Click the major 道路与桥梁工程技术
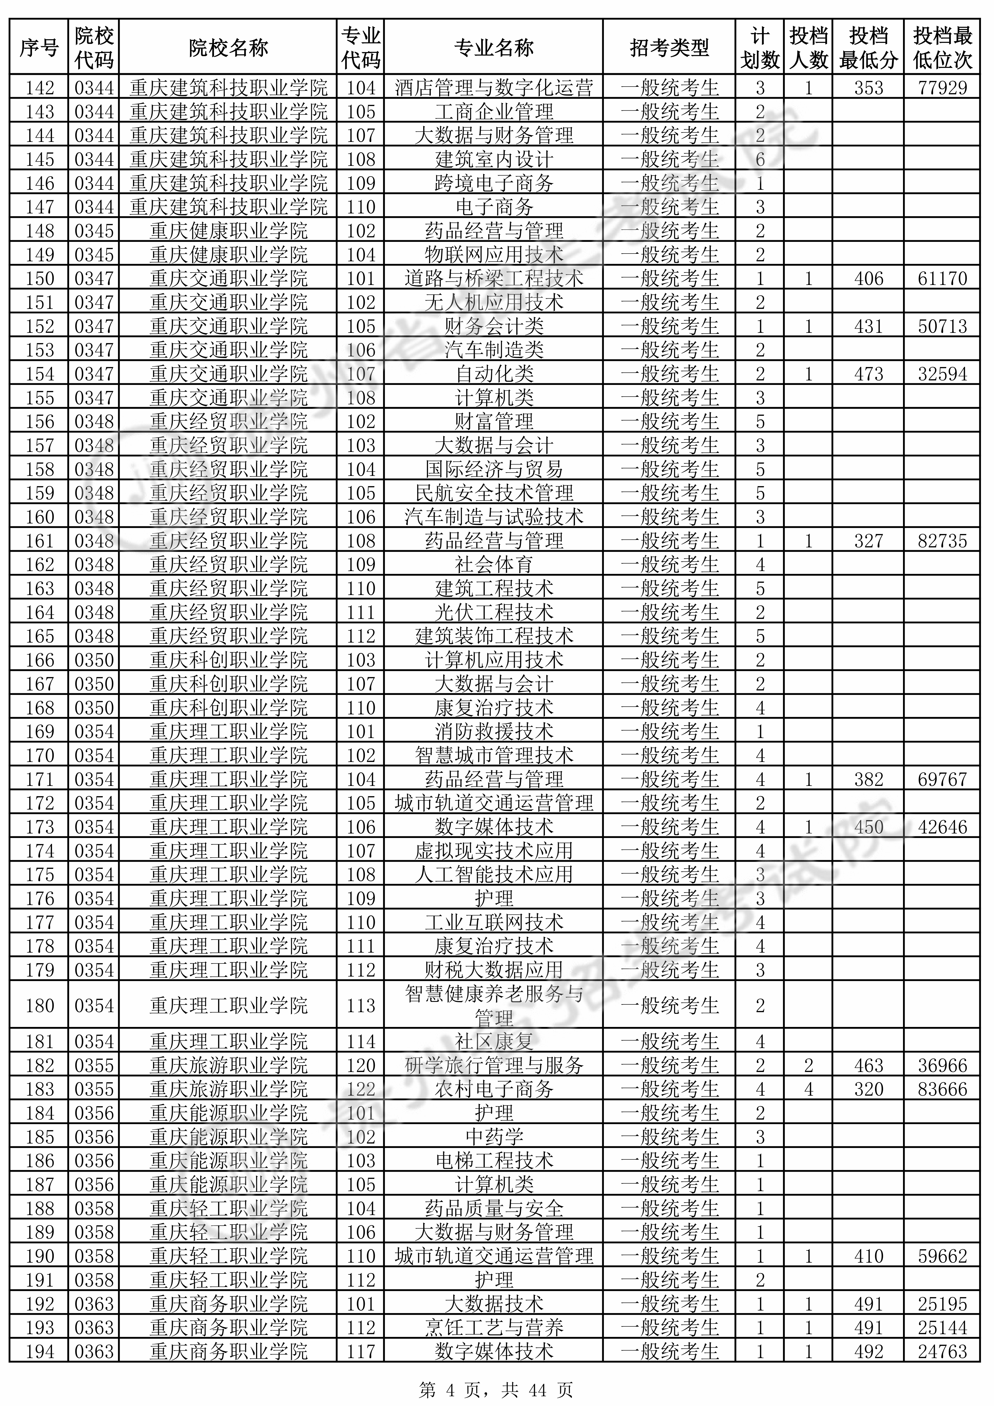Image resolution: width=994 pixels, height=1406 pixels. tap(494, 279)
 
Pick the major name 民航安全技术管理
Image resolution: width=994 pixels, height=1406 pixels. tap(494, 493)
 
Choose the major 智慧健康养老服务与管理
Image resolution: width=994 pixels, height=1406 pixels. tap(494, 1006)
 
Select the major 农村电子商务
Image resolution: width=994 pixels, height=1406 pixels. tap(494, 1089)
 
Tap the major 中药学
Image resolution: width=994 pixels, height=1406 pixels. tap(494, 1137)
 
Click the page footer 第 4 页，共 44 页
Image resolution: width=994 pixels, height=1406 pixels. tap(496, 1386)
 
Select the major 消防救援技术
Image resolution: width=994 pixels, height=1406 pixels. tap(494, 731)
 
